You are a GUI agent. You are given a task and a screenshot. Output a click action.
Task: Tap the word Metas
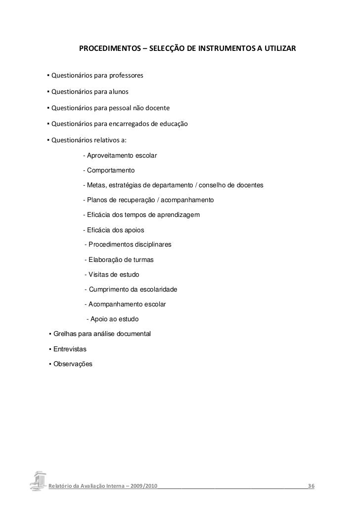pyautogui.click(x=96, y=185)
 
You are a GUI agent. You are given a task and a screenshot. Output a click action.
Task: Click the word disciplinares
pyautogui.click(x=149, y=245)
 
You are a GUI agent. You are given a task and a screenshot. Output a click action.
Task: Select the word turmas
pyautogui.click(x=143, y=259)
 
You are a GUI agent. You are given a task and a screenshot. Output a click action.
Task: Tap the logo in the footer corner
pyautogui.click(x=38, y=480)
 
